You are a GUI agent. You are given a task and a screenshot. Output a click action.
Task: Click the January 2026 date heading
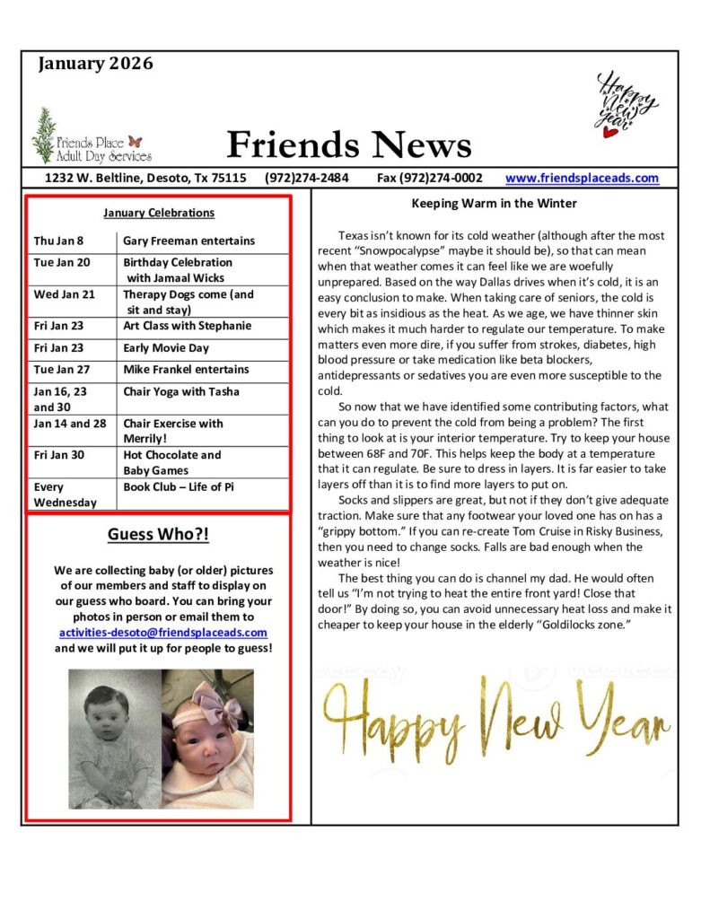tap(96, 64)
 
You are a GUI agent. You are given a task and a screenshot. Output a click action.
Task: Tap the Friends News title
tap(348, 144)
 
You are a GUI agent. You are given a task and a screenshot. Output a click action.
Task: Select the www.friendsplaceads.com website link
tap(582, 178)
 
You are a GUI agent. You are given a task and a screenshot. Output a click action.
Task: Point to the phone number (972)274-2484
tap(307, 178)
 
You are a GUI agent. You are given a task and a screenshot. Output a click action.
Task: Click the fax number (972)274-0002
tap(429, 178)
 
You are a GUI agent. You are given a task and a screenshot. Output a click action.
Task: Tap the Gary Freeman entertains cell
tap(188, 241)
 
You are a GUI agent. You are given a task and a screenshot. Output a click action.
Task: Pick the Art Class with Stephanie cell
tap(187, 326)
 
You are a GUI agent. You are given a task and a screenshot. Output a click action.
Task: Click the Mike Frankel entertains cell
tap(186, 369)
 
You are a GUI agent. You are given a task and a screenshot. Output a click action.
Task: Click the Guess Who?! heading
tap(158, 535)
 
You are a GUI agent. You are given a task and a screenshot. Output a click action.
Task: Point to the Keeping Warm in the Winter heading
tap(494, 204)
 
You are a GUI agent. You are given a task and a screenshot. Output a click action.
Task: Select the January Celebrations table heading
tap(159, 213)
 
